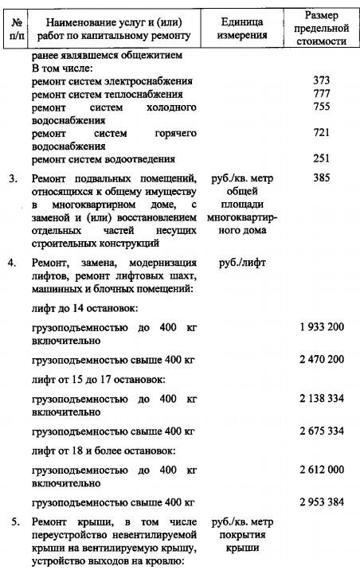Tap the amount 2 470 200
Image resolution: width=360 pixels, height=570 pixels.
pyautogui.click(x=322, y=360)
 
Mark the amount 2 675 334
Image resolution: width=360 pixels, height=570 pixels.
pyautogui.click(x=322, y=431)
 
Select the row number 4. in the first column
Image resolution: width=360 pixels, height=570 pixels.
pyautogui.click(x=14, y=260)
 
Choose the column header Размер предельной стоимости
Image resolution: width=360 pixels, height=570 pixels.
pyautogui.click(x=324, y=27)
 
